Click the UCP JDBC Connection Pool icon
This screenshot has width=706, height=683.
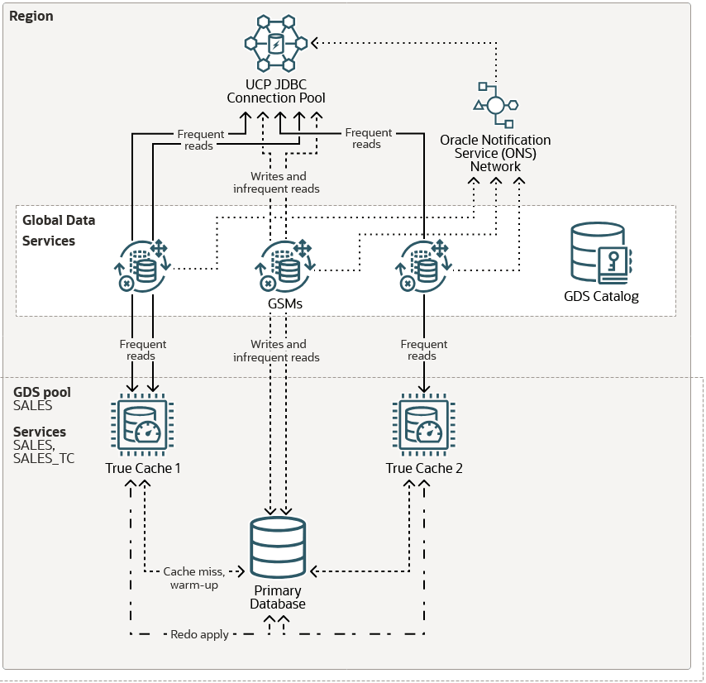click(x=276, y=42)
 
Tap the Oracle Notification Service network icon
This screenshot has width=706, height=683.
click(x=495, y=104)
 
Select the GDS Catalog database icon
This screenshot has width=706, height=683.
click(x=600, y=253)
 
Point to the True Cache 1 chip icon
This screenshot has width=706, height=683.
click(x=142, y=427)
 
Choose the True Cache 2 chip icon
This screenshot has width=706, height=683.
click(x=423, y=427)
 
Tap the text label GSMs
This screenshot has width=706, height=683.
click(x=286, y=303)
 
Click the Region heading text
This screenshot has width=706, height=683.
click(x=31, y=17)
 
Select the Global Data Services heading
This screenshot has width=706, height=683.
click(x=59, y=231)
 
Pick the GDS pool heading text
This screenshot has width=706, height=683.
click(x=42, y=392)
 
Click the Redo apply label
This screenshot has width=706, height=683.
click(x=199, y=634)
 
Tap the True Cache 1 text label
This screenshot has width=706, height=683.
click(x=143, y=468)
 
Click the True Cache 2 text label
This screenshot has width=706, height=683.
click(x=424, y=468)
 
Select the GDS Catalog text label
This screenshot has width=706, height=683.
click(x=601, y=295)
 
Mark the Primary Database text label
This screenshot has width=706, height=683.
click(x=279, y=597)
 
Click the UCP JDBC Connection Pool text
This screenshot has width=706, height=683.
click(x=276, y=91)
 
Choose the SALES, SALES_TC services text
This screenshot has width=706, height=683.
click(x=44, y=451)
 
